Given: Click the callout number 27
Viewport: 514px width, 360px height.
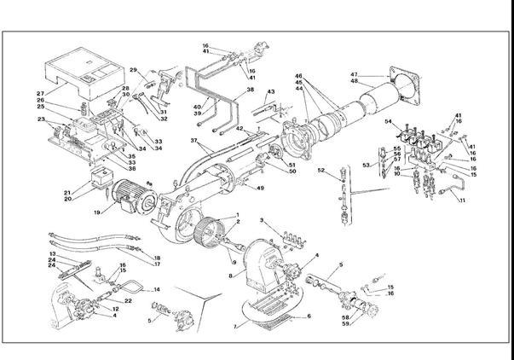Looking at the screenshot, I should (x=39, y=94).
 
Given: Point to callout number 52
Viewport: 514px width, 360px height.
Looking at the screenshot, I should (x=321, y=171).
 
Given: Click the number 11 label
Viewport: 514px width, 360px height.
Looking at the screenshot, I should (x=463, y=200).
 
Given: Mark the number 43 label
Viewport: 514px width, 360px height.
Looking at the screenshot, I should (x=271, y=91).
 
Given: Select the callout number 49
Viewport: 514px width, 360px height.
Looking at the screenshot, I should (x=261, y=188).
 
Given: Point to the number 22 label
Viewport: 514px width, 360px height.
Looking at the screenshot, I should (x=128, y=302).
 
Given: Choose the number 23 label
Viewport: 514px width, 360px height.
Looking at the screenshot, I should (x=40, y=120).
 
